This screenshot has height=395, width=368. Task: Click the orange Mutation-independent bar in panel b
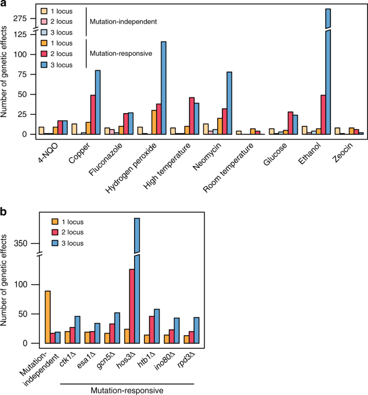(47, 317)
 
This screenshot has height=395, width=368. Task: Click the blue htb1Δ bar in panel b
(156, 326)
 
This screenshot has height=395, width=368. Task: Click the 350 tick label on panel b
(20, 244)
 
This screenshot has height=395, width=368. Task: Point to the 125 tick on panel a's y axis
(21, 35)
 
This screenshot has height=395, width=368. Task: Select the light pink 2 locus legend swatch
(44, 21)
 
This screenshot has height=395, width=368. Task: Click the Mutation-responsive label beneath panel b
(126, 390)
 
